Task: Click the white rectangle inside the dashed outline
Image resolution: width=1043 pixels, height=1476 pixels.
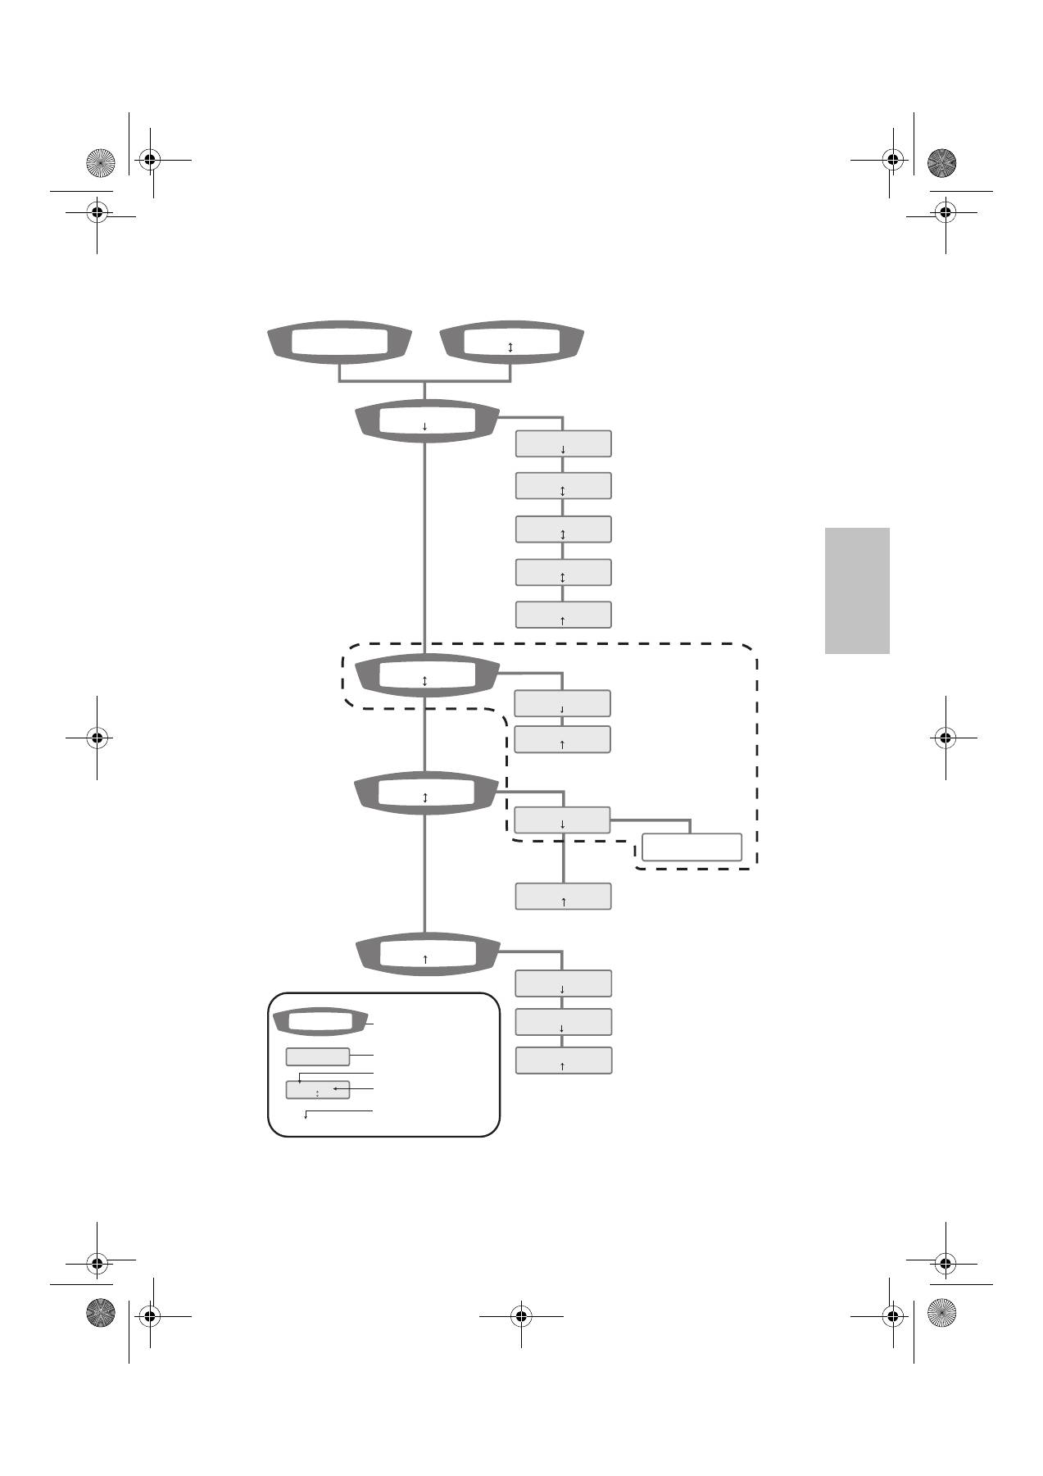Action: [x=692, y=847]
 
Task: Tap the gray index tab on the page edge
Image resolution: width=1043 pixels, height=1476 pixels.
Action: [x=857, y=591]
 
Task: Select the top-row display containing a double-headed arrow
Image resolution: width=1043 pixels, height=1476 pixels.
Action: [x=511, y=342]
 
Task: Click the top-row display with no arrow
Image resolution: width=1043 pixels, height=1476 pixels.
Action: [x=339, y=342]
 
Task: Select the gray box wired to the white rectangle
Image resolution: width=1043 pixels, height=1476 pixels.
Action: [x=562, y=820]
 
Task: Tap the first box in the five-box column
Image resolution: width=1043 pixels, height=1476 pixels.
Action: [x=563, y=443]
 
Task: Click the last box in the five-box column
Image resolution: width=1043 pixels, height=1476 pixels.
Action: [x=563, y=615]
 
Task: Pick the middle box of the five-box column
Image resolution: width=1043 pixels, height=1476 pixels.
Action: [x=563, y=529]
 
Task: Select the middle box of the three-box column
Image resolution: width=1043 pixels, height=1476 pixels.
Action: [x=563, y=1022]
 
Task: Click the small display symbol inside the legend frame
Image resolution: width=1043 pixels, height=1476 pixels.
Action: [x=319, y=1023]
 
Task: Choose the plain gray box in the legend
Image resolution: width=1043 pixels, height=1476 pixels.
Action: [x=317, y=1056]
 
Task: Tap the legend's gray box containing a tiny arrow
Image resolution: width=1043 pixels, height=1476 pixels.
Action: [x=317, y=1090]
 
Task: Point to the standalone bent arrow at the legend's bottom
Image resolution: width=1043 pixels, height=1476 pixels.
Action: [x=306, y=1115]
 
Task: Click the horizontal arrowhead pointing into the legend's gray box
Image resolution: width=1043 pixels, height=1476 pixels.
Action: [x=336, y=1089]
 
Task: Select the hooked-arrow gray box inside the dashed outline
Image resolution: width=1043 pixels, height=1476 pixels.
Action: [x=562, y=703]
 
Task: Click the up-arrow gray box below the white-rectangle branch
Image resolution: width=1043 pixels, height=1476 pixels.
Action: [x=563, y=896]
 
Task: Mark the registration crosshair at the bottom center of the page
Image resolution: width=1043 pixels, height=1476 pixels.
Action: [x=521, y=1316]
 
